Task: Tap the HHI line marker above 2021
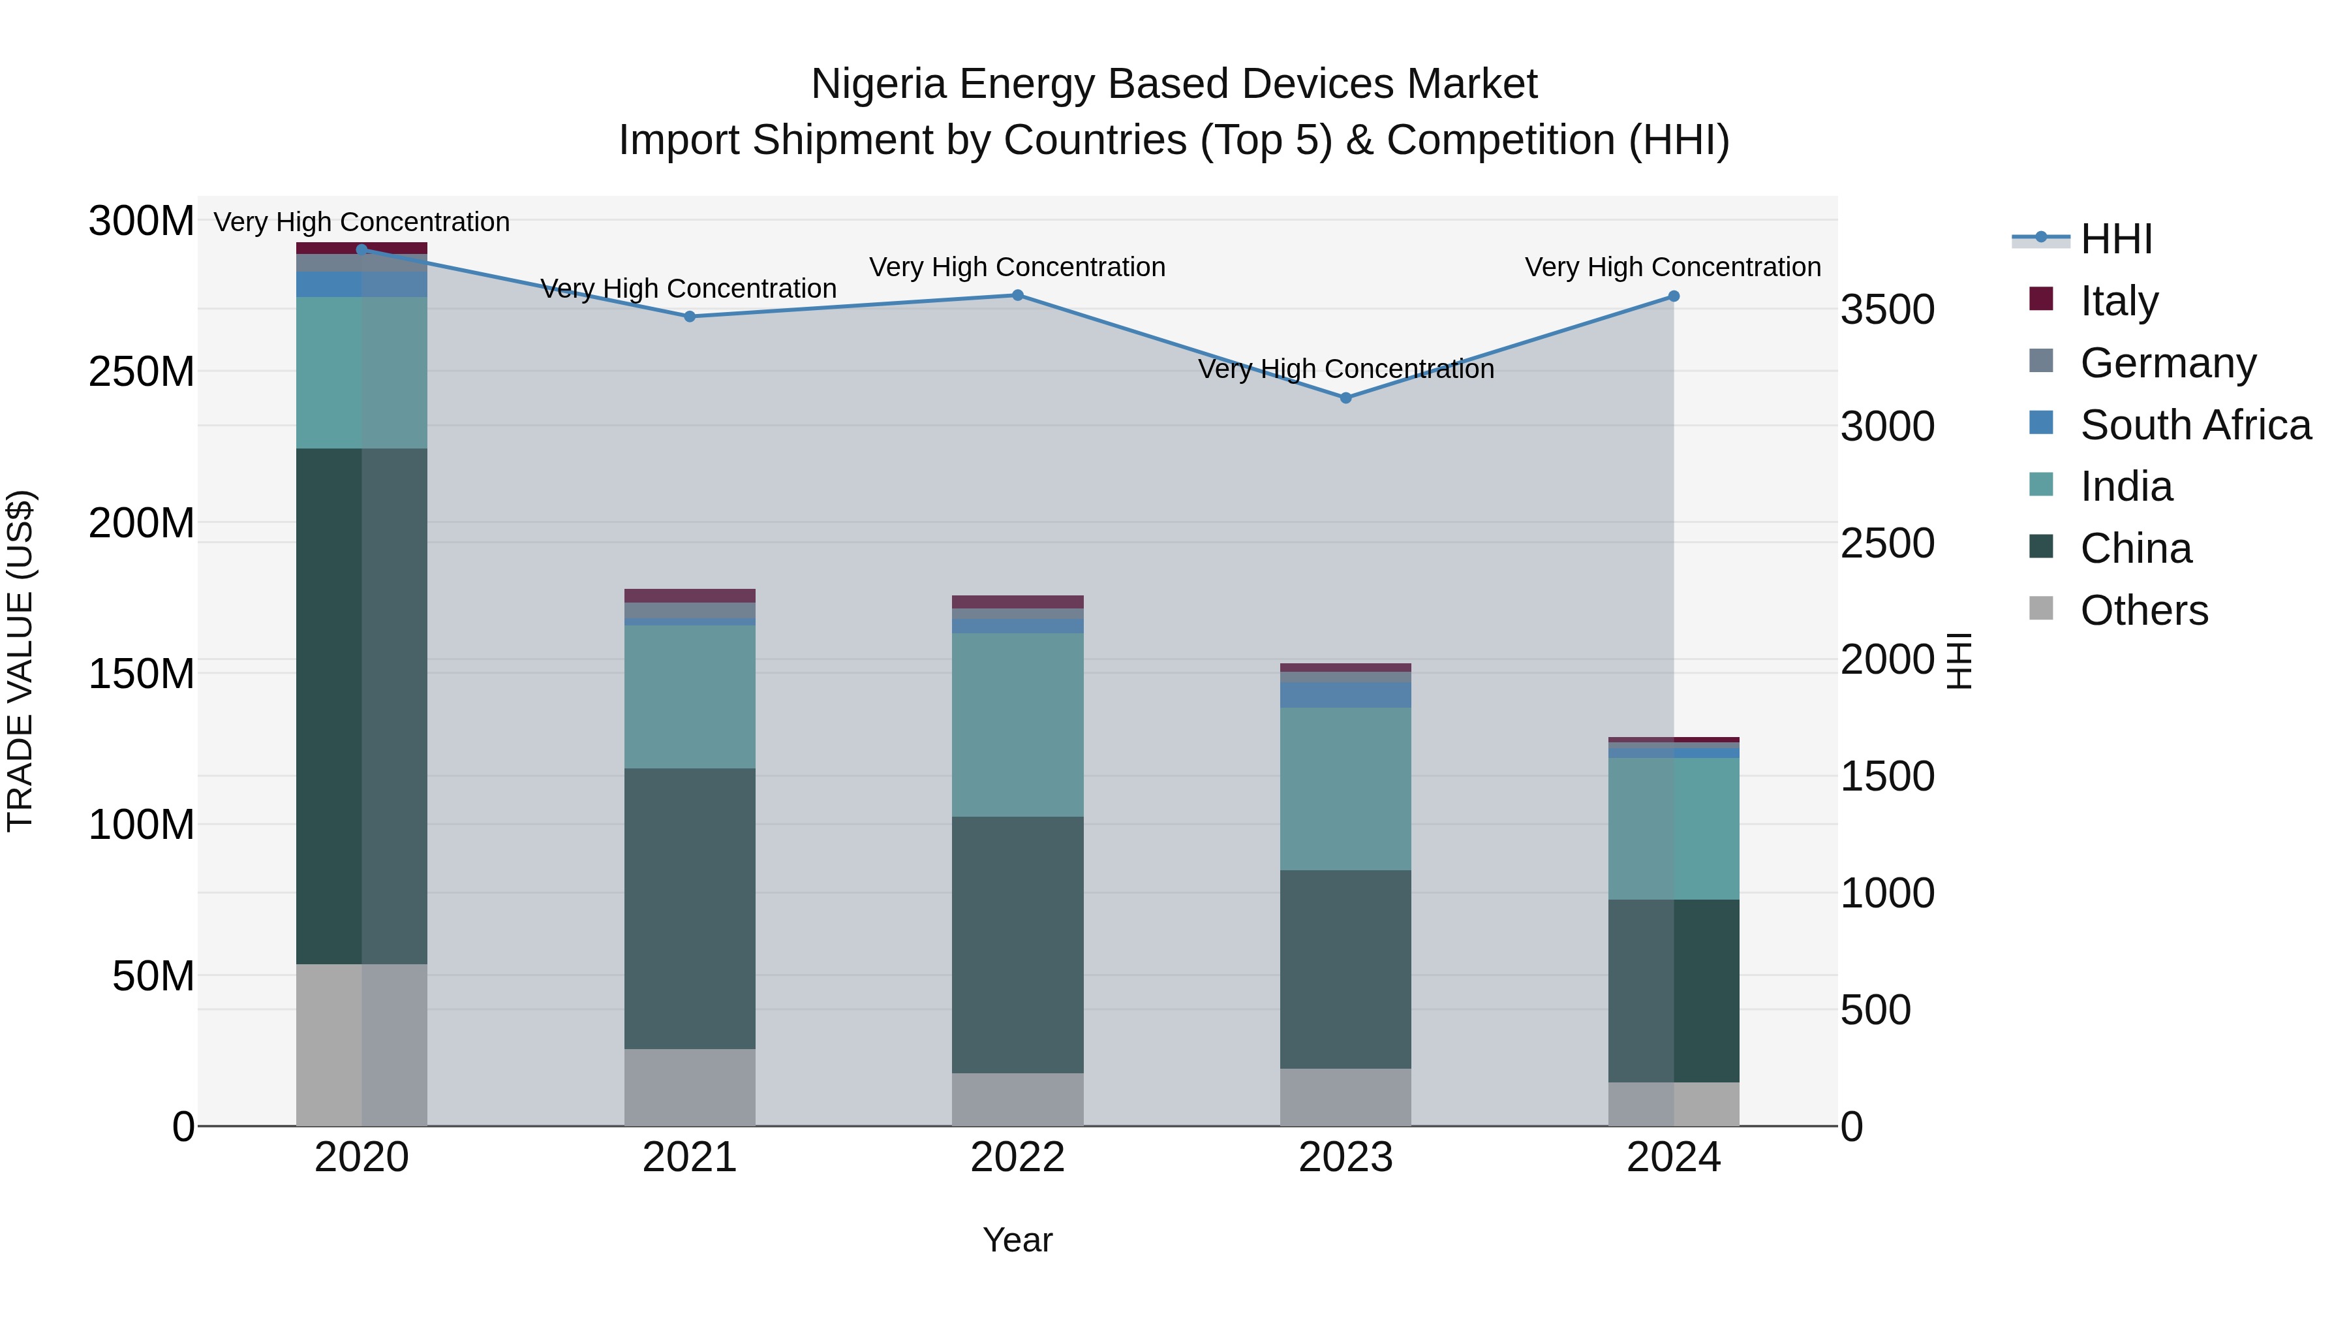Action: [x=690, y=317]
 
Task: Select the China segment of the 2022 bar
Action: [x=1018, y=944]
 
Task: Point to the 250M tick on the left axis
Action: [x=142, y=372]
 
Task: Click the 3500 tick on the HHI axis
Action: [x=1886, y=310]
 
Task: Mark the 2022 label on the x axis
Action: [x=1018, y=1157]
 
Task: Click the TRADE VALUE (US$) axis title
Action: [x=20, y=661]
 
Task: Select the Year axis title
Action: [x=1018, y=1240]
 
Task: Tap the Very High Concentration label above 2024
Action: [x=1672, y=267]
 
